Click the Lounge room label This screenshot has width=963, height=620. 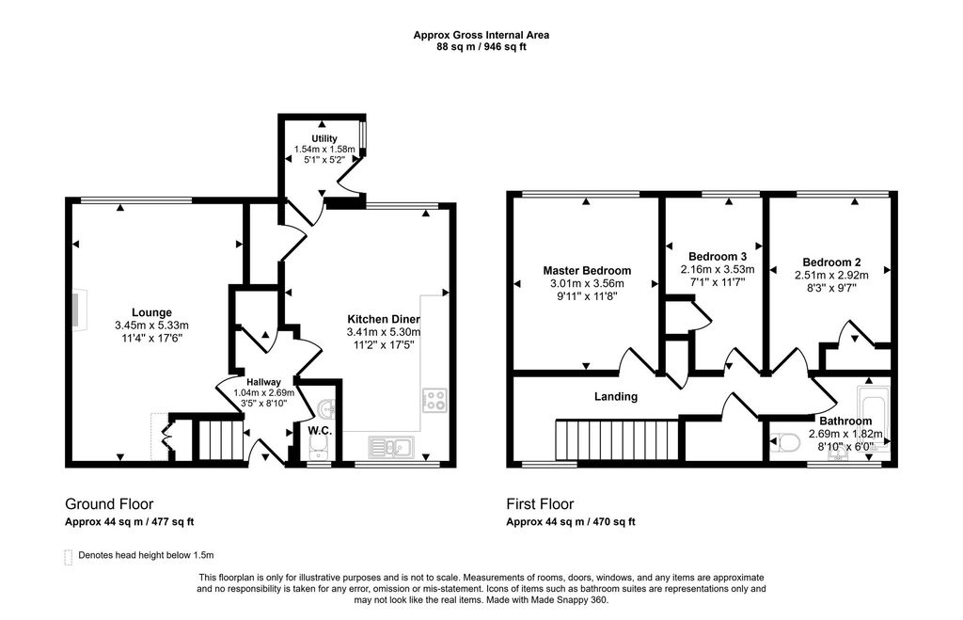pos(151,312)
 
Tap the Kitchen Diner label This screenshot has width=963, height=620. pos(384,319)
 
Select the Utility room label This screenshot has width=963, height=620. pos(324,138)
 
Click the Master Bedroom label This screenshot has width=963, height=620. pos(587,271)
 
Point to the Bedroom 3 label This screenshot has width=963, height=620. pos(718,256)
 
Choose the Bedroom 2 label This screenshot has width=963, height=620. pos(831,262)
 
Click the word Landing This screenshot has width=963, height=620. pos(616,397)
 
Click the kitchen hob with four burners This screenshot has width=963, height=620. pos(435,400)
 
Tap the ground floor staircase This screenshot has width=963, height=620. pos(218,440)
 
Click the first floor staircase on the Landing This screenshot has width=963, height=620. pos(617,440)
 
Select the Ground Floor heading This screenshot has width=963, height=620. pos(109,504)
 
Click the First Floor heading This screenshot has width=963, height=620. pos(540,504)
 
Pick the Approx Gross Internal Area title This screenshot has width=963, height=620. pos(481,35)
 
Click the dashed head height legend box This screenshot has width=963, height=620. pos(68,556)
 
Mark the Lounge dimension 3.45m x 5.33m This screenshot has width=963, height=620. pos(151,326)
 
